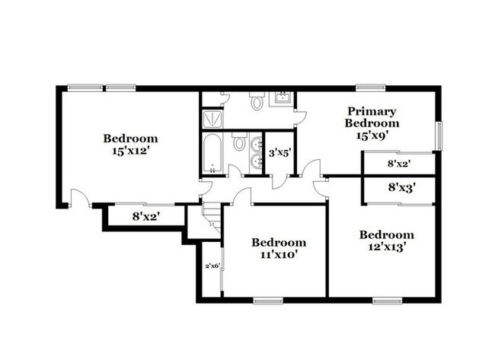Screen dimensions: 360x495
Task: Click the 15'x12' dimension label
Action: coord(131,151)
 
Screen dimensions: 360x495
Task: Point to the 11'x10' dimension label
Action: coord(279,254)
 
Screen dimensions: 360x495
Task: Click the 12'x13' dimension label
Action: coord(386,247)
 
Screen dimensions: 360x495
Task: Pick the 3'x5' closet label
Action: coord(279,152)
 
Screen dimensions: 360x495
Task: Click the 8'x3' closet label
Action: coord(401,186)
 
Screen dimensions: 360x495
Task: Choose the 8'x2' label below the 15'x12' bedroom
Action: coord(146,216)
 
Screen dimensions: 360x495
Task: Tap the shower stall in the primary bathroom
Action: coord(210,119)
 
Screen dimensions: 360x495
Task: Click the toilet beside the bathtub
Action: coord(238,142)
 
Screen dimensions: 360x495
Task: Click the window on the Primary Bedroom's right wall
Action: coord(438,135)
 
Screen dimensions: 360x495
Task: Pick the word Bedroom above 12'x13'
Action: coord(386,234)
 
